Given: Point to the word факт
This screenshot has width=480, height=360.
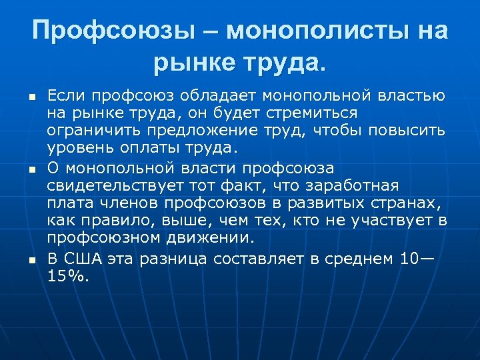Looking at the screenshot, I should pyautogui.click(x=257, y=185).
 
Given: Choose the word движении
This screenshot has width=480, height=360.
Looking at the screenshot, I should pyautogui.click(x=213, y=236).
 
